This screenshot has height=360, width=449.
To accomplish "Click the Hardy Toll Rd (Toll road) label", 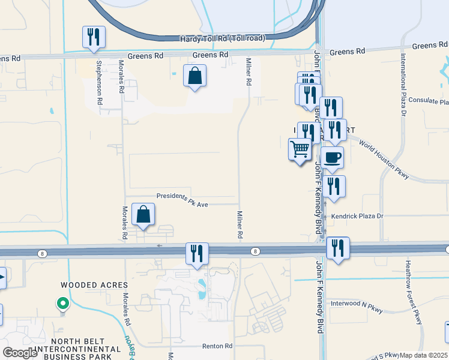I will pos(222,38).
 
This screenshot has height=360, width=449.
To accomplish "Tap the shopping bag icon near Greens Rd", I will pos(194,76).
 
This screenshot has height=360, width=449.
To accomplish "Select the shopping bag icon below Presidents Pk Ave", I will pos(143,214).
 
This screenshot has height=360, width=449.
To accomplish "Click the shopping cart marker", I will pos(300,149).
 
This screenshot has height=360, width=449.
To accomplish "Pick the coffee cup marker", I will pos(332,158).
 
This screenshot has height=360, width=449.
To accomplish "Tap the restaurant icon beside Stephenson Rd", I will pos(94,37).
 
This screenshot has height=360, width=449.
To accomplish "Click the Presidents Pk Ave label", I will pos(182,201).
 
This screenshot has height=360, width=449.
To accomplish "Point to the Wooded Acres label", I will pos(94,284).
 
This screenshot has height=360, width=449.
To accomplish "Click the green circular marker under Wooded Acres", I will pos(62,304).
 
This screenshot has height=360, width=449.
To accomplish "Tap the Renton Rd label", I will pos(217,346).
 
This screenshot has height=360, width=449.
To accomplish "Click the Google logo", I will pos(20,353).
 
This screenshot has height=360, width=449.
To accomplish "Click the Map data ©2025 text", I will pos(424,355).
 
